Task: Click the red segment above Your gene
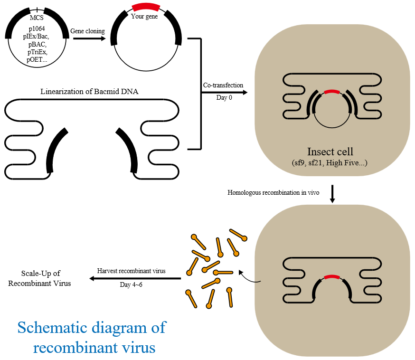(x=146, y=7)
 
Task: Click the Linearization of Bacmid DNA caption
(x=90, y=92)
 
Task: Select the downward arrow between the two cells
(x=332, y=195)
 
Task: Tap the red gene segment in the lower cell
(x=332, y=276)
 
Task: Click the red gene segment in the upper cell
(x=331, y=91)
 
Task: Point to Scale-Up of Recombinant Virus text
(x=46, y=278)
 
